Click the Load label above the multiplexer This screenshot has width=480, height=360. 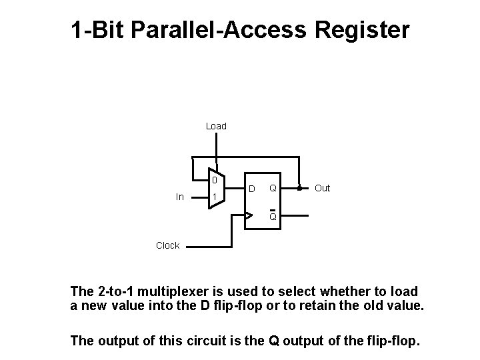(x=216, y=126)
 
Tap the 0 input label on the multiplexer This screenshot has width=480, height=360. (x=214, y=180)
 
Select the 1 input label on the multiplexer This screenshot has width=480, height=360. (x=214, y=197)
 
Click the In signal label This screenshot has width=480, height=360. (x=180, y=197)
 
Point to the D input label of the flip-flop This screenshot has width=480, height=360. (x=252, y=189)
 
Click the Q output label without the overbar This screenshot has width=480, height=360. (x=273, y=189)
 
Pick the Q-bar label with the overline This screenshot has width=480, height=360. (x=273, y=216)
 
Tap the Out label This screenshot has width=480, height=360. (x=322, y=189)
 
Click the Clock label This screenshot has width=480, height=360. (x=167, y=245)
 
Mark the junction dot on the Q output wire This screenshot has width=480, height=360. (x=299, y=188)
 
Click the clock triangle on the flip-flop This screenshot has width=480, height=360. (x=249, y=215)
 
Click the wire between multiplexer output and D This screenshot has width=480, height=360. (x=235, y=189)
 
